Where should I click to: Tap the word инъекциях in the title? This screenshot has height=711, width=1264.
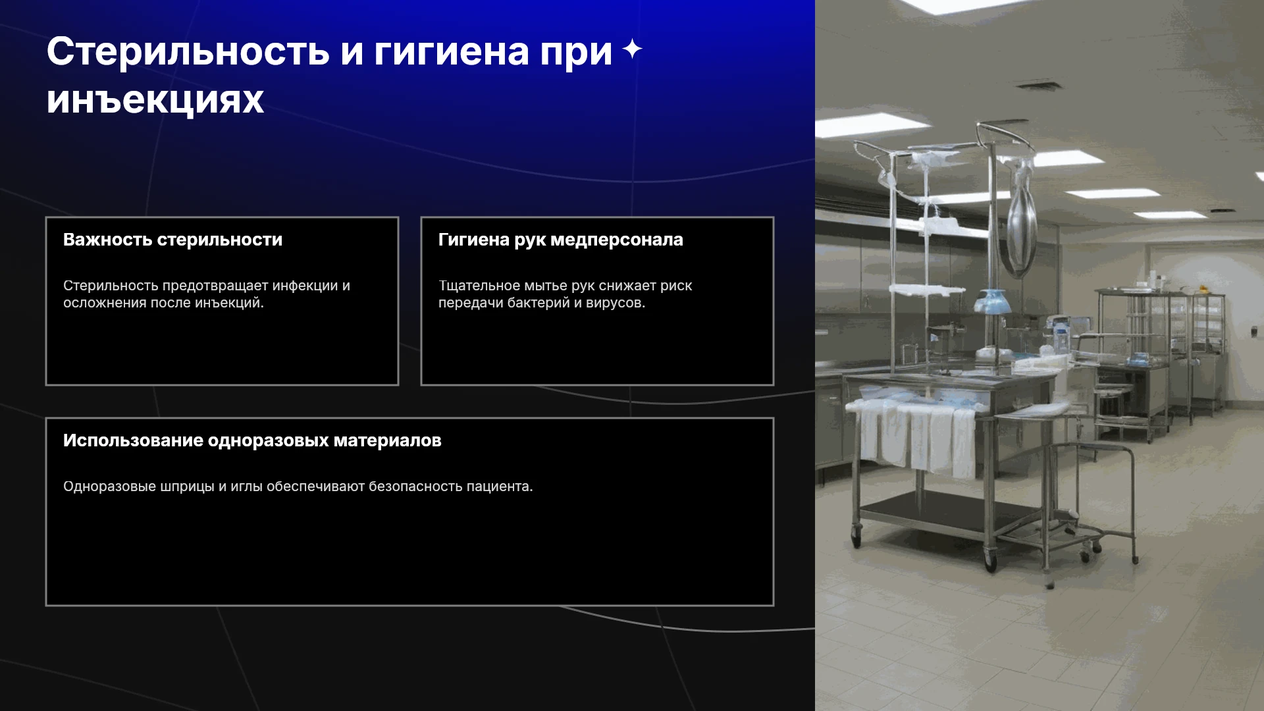(x=155, y=100)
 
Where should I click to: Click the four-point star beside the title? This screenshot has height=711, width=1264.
(x=632, y=49)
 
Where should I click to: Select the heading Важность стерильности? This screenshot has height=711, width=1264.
(x=172, y=240)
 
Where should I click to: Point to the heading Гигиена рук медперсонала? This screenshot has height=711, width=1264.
(x=561, y=240)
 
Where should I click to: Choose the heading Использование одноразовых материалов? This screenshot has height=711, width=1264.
(x=252, y=440)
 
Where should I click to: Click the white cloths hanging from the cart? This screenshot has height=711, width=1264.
(x=912, y=434)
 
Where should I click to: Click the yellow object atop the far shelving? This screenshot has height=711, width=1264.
(x=1202, y=288)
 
